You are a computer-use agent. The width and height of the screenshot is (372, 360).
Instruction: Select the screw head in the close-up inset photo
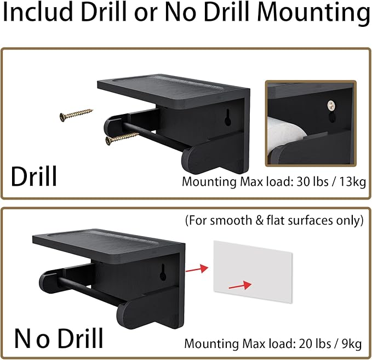(x=330, y=105)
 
